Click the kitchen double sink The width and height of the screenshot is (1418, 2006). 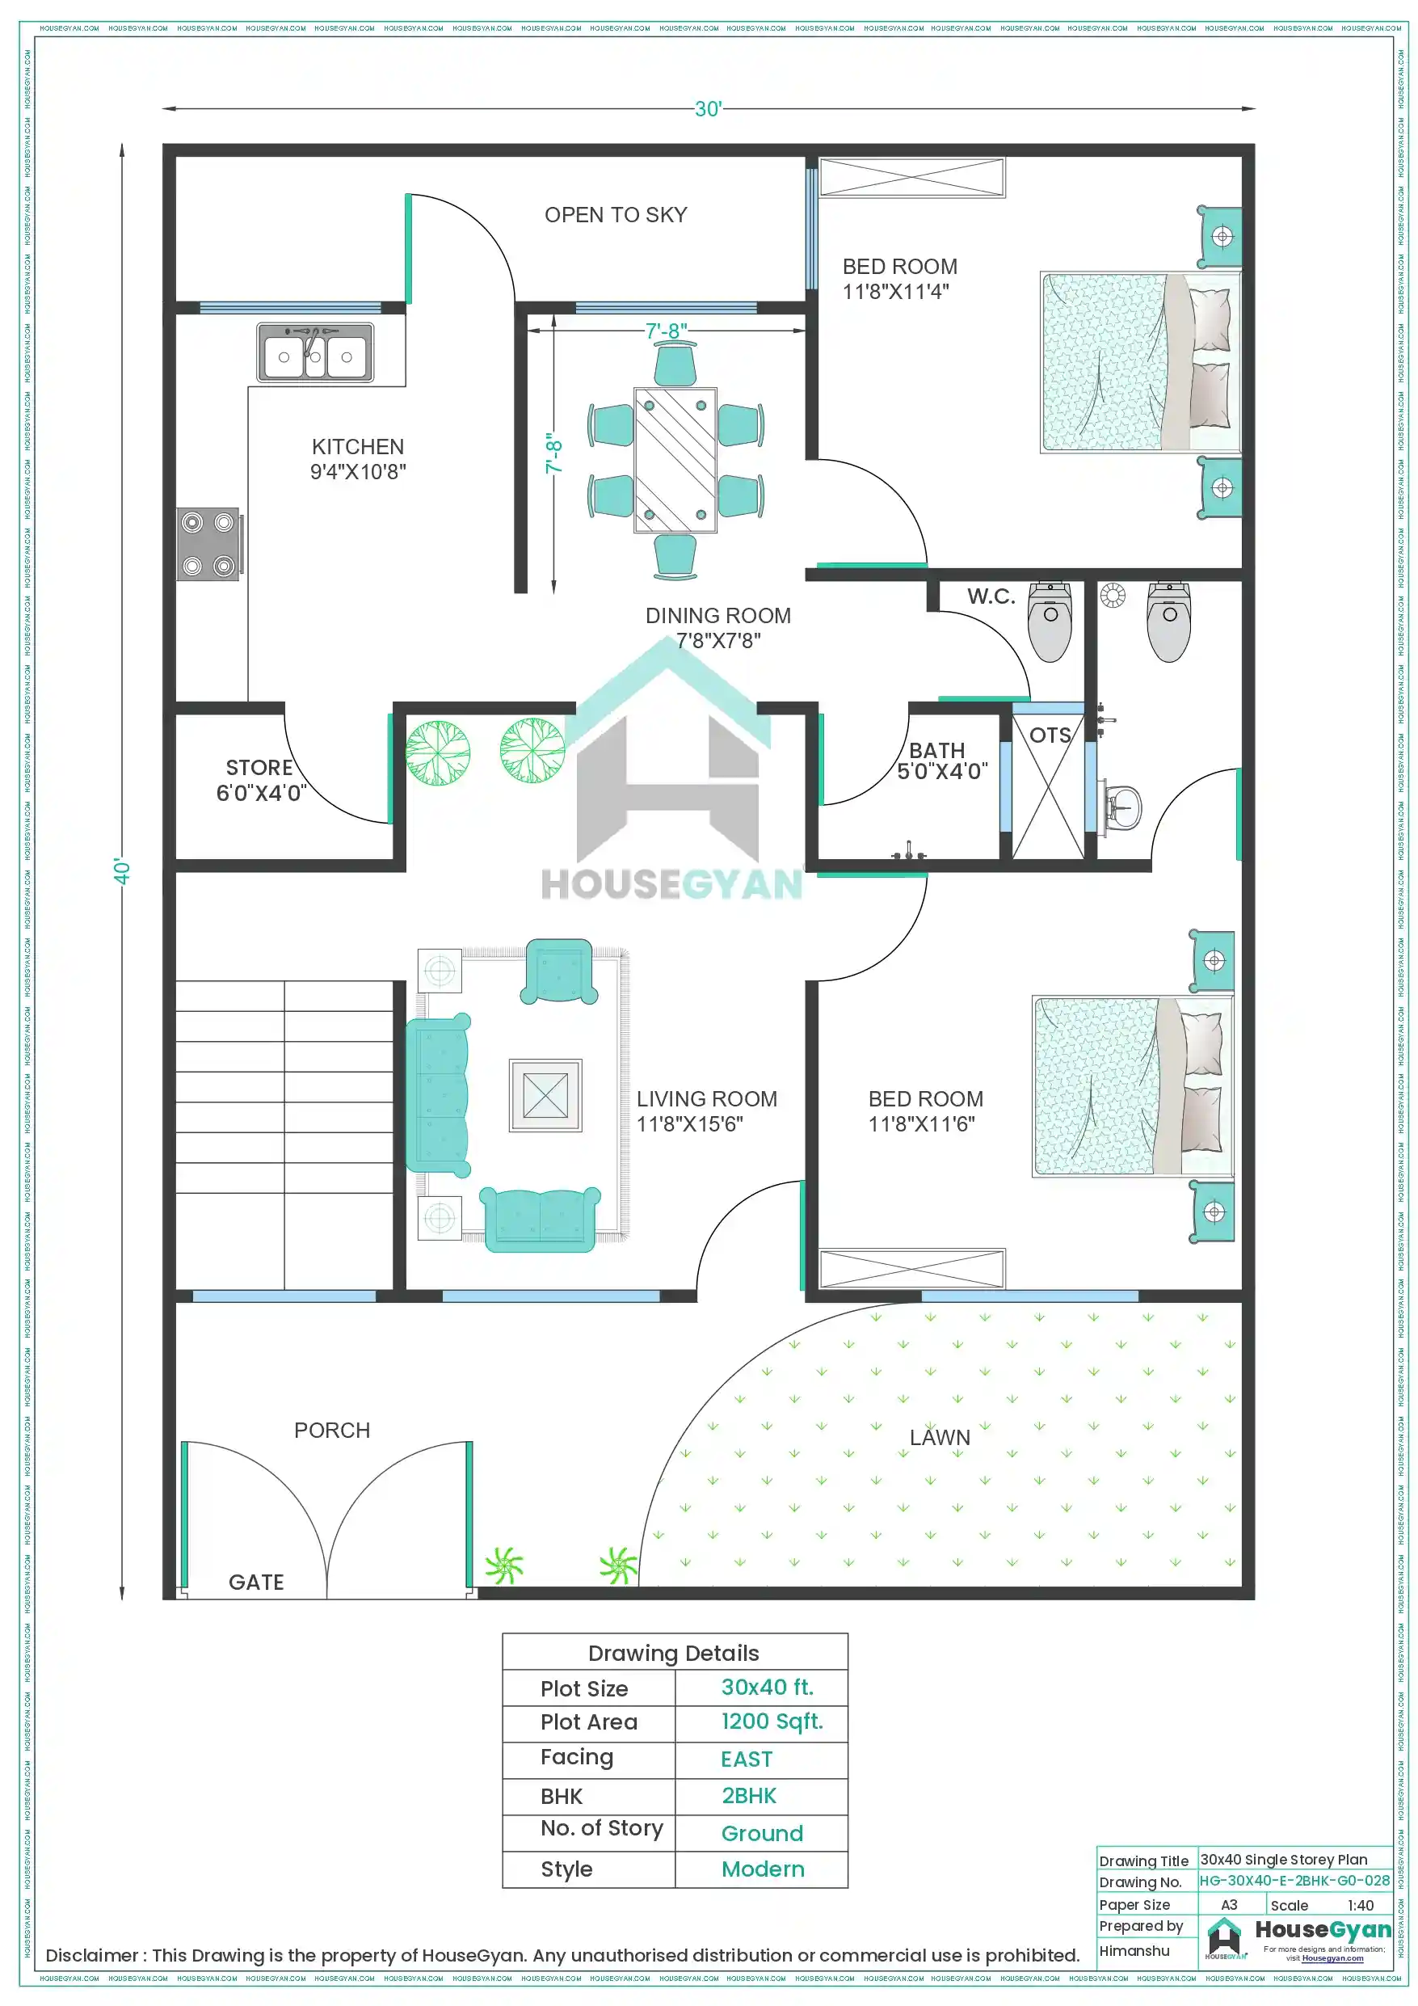(x=315, y=353)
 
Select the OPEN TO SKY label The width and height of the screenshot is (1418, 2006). (x=615, y=215)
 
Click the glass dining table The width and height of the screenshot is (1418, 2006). (x=675, y=461)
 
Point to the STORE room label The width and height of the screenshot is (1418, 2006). (x=260, y=780)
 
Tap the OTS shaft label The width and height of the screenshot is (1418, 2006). (x=1050, y=735)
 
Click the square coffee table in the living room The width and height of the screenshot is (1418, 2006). (x=545, y=1096)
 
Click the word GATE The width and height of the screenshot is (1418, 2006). (x=256, y=1582)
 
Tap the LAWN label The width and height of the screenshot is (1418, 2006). (x=939, y=1437)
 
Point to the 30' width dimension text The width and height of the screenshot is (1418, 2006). (x=708, y=109)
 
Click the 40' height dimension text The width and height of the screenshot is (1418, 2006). (x=122, y=871)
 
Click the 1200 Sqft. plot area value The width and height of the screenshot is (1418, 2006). (x=772, y=1722)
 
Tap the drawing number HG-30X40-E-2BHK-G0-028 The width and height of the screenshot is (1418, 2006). (x=1294, y=1880)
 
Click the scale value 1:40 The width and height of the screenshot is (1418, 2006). (x=1360, y=1905)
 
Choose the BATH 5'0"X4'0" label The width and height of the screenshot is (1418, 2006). (x=941, y=761)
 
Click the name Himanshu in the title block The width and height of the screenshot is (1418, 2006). (x=1134, y=1950)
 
